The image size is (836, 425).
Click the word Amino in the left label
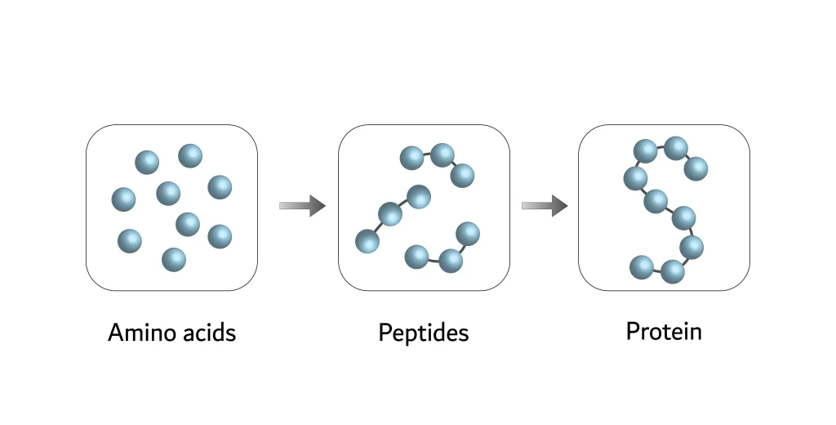[x=138, y=333]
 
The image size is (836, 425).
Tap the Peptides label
[x=424, y=333]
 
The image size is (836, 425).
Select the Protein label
[x=664, y=332]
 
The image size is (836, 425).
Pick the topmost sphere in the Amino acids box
[x=190, y=155]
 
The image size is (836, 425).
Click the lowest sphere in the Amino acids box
[x=174, y=260]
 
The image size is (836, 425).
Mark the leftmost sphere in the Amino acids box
[x=123, y=199]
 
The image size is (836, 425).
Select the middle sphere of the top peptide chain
[x=442, y=154]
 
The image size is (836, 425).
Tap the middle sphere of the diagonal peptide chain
[x=390, y=215]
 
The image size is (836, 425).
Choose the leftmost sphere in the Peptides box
[x=367, y=241]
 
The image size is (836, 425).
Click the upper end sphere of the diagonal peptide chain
[x=419, y=196]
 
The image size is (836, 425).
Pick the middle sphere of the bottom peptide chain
[x=451, y=262]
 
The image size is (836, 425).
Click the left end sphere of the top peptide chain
[x=411, y=158]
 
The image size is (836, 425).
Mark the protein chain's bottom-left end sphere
[x=642, y=266]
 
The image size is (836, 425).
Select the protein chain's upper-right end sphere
[x=696, y=168]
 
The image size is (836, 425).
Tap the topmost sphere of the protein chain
[x=675, y=148]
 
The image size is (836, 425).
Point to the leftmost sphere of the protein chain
[x=635, y=177]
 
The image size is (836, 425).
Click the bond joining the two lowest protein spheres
[x=657, y=269]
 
